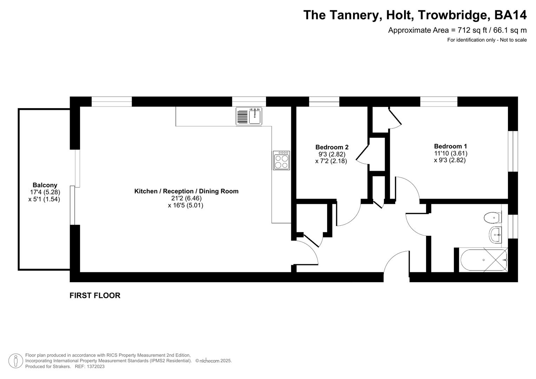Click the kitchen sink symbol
tap(249, 116)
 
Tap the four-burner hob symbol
tap(281, 161)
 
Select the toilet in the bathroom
tap(492, 218)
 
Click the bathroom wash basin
tap(495, 234)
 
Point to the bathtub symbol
tap(483, 260)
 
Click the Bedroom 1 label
tap(450, 146)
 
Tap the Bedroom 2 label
tap(332, 147)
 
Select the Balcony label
tap(45, 185)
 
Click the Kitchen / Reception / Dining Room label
tap(186, 191)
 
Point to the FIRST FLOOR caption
tap(95, 295)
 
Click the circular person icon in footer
tap(15, 361)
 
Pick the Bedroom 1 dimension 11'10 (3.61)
tap(450, 153)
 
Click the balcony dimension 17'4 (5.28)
tap(45, 192)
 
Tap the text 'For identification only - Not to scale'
tap(487, 40)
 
